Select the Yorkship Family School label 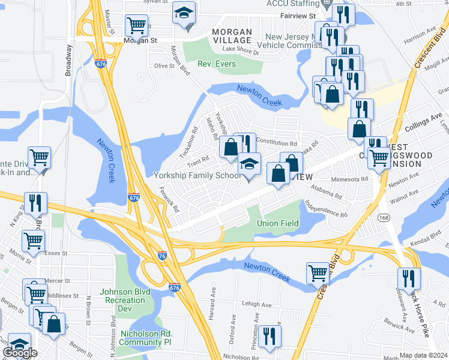[x=197, y=175]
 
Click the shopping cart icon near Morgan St [x=136, y=26]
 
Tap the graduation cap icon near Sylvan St [x=184, y=13]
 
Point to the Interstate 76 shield [x=161, y=254]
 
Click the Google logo [x=20, y=353]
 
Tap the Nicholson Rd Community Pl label [x=146, y=337]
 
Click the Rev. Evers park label [x=217, y=64]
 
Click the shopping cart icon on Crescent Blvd [x=318, y=273]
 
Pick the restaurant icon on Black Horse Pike [x=409, y=278]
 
